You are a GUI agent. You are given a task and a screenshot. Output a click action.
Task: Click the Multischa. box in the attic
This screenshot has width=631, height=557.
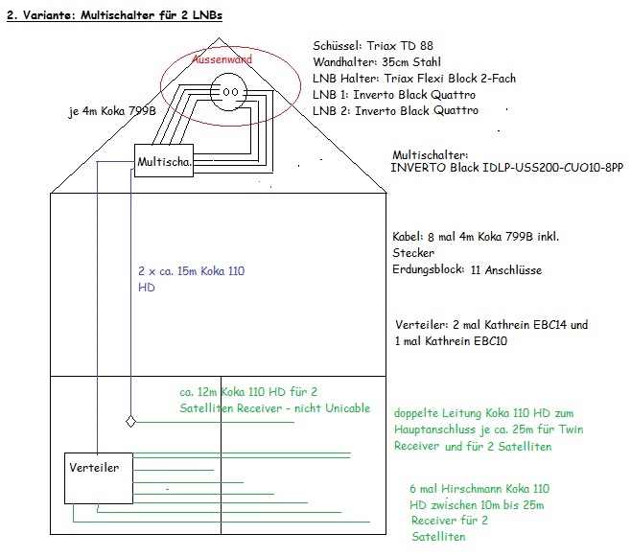pyautogui.click(x=164, y=162)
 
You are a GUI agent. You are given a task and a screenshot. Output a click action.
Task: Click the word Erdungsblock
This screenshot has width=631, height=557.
pyautogui.click(x=429, y=270)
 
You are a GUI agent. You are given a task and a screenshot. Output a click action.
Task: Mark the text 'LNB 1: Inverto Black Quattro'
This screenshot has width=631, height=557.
pyautogui.click(x=394, y=95)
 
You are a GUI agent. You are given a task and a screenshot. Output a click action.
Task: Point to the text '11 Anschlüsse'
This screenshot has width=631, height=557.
pyautogui.click(x=506, y=270)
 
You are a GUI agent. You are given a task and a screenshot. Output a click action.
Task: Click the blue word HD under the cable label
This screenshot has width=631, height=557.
pyautogui.click(x=147, y=287)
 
